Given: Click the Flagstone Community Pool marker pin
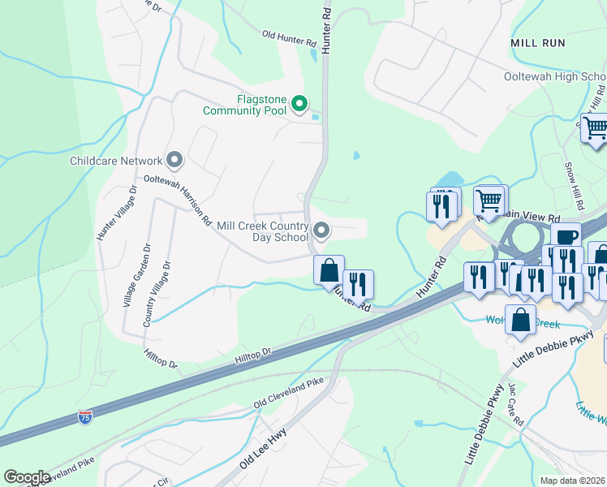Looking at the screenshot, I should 299,103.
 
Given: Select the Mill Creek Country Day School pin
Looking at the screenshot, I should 321,232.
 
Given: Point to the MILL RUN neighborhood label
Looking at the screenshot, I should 537,41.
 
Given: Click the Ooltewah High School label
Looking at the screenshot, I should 561,76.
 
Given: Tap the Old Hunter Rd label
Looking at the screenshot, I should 289,39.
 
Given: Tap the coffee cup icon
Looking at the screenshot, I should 566,236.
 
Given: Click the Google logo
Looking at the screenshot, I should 27,477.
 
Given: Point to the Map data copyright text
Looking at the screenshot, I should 573,481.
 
